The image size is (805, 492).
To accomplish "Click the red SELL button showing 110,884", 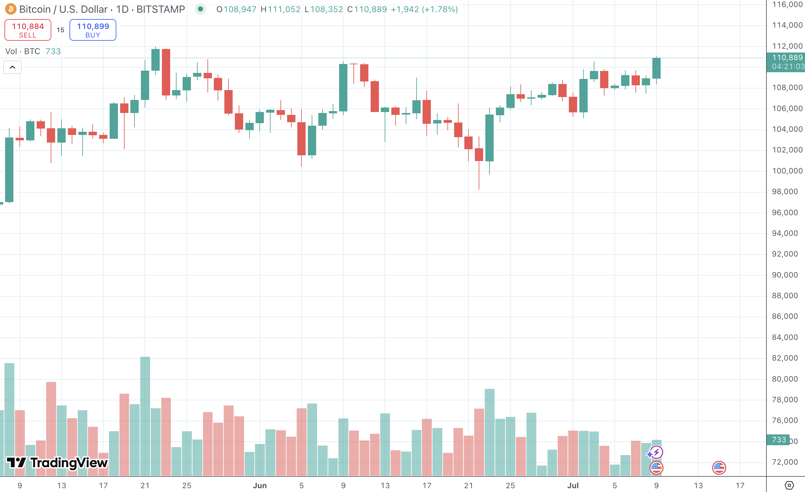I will coord(28,30).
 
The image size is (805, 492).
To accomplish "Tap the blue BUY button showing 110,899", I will coord(93,30).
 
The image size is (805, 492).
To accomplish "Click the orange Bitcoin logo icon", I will coord(11,9).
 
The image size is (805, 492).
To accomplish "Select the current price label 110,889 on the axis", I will coord(787,58).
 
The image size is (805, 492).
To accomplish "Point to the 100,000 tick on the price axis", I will coord(787,171).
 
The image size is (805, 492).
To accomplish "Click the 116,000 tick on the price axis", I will coord(787,4).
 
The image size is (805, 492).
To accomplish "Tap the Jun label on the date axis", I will coord(260,485).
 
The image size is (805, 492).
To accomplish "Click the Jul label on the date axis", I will coord(573,485).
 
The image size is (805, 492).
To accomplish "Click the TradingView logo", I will coord(57,463).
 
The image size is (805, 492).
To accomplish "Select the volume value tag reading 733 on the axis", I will coord(779,440).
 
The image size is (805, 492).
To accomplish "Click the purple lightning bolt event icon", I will coord(656,452).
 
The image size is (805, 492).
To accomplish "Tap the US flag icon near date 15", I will coord(719,467).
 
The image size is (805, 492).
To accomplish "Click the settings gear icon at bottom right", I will coord(789,485).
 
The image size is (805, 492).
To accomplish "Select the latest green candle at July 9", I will coord(656,68).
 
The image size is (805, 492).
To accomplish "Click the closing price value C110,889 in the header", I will coord(367,9).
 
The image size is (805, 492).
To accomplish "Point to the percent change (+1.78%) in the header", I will coord(440,9).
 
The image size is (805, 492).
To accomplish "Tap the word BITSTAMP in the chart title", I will coord(161,9).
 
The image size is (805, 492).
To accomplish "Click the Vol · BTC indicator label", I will coord(23,51).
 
